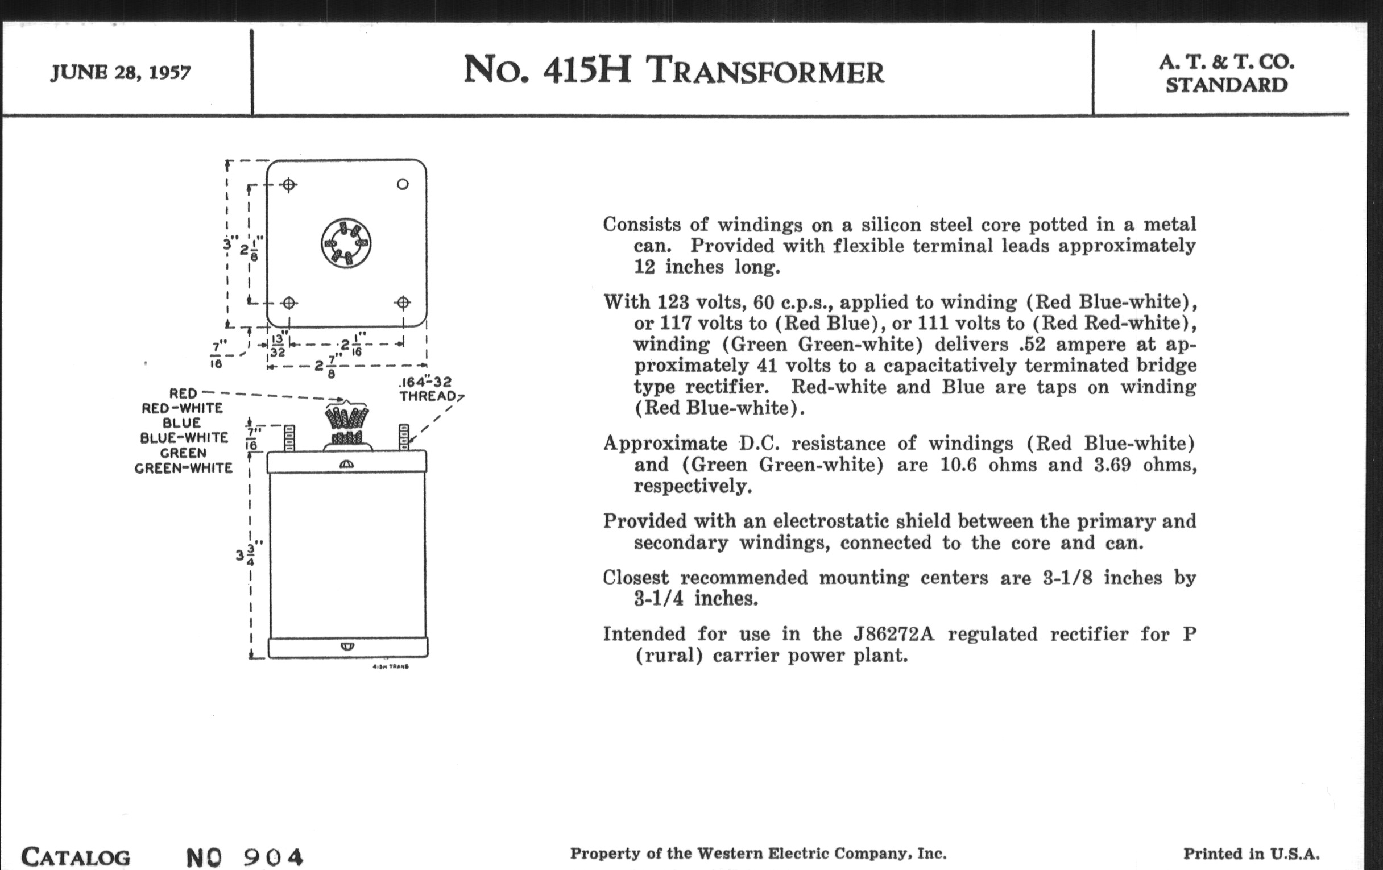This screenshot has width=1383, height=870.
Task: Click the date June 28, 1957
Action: (x=121, y=72)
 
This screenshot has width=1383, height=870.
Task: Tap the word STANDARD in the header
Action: (x=1226, y=85)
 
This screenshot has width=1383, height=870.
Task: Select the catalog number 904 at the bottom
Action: (x=273, y=857)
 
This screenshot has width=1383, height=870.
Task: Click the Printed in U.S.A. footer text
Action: (x=1251, y=854)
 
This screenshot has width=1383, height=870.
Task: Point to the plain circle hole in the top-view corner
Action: (x=403, y=184)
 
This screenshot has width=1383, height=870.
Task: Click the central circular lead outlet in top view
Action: (x=346, y=243)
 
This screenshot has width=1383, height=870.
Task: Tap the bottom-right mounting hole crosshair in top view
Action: (x=403, y=303)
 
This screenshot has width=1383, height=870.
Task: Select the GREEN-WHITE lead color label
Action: (x=183, y=469)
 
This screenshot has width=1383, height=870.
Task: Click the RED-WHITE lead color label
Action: (x=182, y=408)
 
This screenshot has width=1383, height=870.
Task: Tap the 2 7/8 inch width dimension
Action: (x=326, y=365)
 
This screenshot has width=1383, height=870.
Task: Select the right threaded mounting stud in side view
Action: (x=404, y=437)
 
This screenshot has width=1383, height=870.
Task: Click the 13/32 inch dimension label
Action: (x=278, y=345)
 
